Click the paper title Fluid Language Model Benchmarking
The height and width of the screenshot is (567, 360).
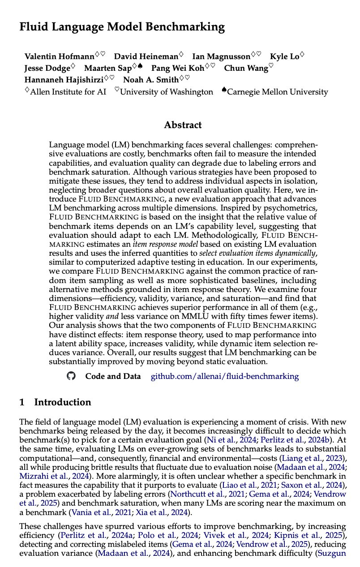122,27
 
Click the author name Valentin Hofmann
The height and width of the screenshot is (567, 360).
59,56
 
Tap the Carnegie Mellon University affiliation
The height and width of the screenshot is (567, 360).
277,92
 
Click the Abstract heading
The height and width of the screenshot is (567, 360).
183,125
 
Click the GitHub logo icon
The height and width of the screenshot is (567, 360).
72,376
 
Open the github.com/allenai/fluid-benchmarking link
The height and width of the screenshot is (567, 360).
224,376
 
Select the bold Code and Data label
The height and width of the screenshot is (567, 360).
113,376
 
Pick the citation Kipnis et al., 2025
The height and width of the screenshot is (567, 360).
319,537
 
